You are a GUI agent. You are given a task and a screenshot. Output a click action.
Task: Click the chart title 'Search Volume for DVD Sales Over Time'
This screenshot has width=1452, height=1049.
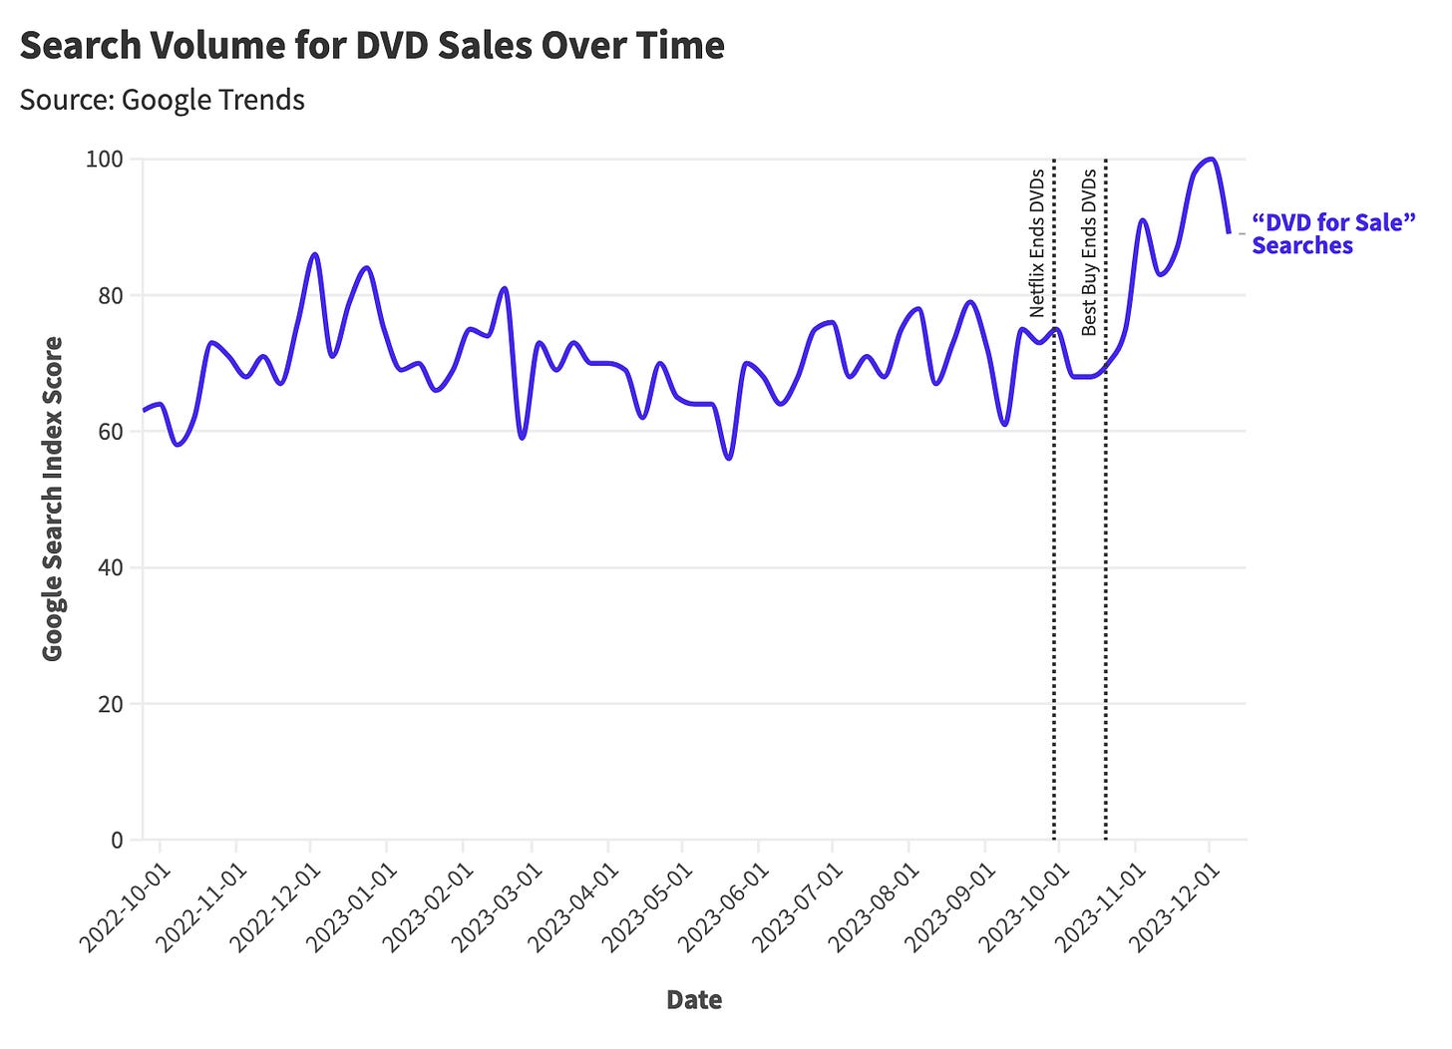tap(371, 46)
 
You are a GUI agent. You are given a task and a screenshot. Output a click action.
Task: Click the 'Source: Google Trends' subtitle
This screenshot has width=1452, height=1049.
tap(162, 100)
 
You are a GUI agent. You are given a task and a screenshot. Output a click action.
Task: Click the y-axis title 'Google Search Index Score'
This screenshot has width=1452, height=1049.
tap(53, 499)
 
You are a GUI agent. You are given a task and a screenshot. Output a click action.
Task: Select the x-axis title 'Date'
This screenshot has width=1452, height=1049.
tap(693, 1000)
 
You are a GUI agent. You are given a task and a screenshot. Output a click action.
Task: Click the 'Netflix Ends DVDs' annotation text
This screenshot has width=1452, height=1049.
tap(1037, 241)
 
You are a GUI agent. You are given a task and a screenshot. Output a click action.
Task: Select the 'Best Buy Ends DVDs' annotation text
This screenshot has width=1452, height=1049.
tap(1089, 251)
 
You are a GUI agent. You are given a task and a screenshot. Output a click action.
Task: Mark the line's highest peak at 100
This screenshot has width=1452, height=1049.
tap(1210, 159)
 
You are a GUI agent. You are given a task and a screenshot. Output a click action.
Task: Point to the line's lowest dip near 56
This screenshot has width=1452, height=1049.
tap(729, 459)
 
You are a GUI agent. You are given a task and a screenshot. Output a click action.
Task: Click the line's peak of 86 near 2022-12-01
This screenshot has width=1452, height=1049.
tap(315, 254)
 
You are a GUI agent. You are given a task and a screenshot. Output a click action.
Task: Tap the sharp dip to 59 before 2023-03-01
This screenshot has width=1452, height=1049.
tap(522, 438)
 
